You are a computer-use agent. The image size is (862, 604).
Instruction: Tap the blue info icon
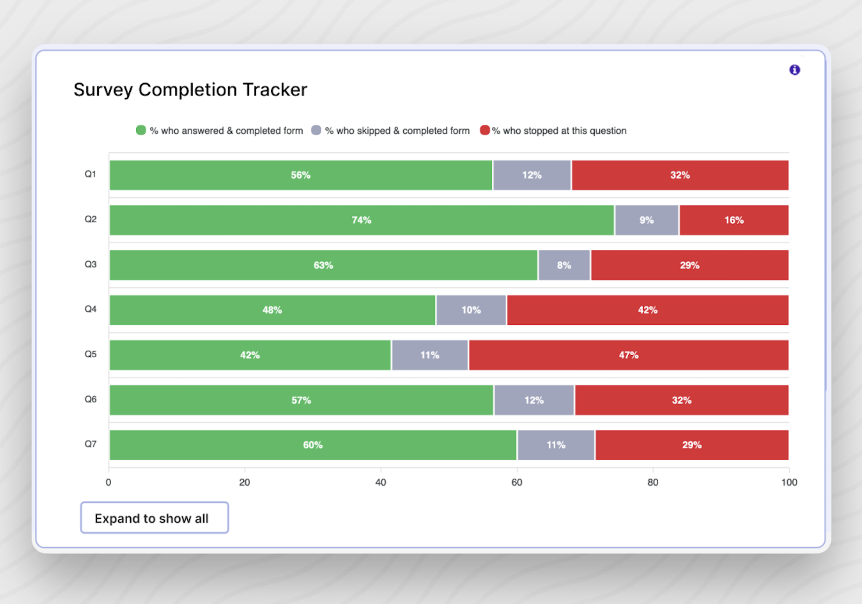click(x=794, y=70)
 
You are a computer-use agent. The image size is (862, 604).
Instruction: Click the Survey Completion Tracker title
click(x=190, y=90)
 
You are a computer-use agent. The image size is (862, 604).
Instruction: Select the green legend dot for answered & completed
click(x=141, y=130)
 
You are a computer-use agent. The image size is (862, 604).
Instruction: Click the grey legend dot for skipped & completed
click(x=316, y=130)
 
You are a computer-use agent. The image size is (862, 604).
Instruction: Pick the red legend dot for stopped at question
click(x=485, y=130)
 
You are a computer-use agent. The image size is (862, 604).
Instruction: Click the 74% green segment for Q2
click(x=361, y=220)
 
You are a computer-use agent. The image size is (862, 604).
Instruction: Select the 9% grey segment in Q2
click(x=646, y=220)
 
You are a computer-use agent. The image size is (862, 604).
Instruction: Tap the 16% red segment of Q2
click(x=734, y=220)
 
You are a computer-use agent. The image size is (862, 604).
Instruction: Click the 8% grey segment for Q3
click(x=564, y=265)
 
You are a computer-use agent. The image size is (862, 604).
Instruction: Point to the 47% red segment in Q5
click(x=628, y=355)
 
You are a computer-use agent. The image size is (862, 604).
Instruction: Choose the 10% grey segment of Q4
click(x=471, y=310)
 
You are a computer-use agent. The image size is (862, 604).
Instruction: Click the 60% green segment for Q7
click(x=313, y=445)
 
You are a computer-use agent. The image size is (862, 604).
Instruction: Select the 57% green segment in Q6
click(x=301, y=400)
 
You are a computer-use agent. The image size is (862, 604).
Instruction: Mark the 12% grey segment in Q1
click(x=532, y=175)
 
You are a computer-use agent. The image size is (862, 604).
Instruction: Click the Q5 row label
click(x=90, y=354)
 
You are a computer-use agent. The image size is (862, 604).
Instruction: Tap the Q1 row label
click(x=90, y=174)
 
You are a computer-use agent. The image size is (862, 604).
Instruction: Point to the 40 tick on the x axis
click(x=380, y=482)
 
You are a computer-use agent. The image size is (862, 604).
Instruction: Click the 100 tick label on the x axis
click(x=789, y=482)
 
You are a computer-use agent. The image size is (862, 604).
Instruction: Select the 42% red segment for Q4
click(x=647, y=310)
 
